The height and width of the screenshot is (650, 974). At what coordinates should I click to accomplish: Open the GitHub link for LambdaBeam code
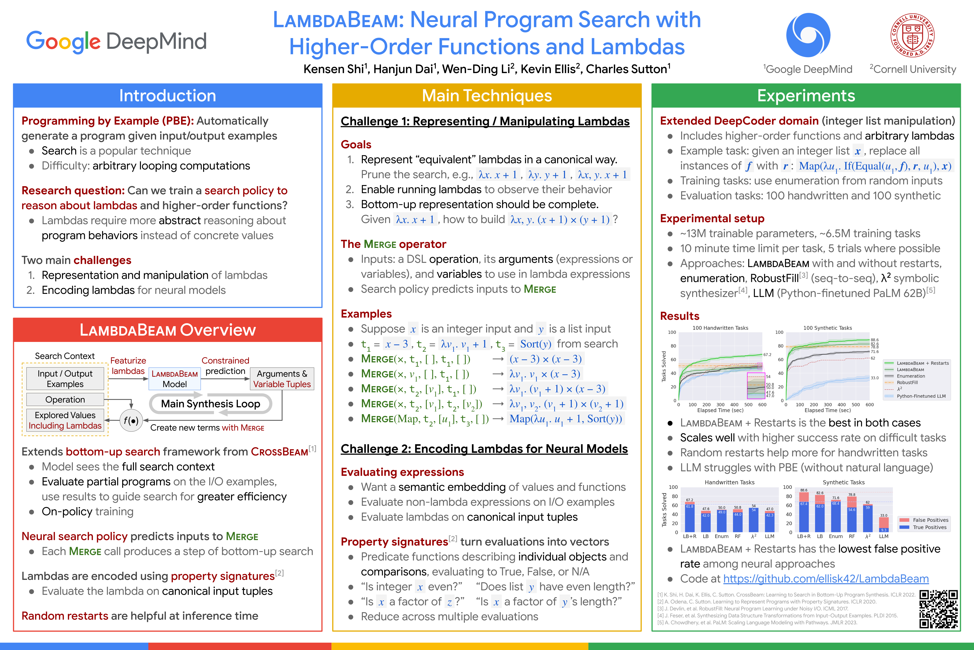click(826, 579)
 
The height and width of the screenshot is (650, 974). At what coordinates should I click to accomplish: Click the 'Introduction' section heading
click(168, 96)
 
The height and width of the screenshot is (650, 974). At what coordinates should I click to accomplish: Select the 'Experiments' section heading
click(806, 96)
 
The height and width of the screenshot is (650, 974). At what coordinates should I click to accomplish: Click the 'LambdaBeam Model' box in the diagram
click(175, 379)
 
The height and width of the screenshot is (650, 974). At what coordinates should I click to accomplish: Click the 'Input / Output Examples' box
click(65, 379)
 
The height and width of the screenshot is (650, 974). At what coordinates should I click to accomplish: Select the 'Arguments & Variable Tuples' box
click(282, 379)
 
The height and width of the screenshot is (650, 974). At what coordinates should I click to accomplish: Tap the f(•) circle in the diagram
click(131, 421)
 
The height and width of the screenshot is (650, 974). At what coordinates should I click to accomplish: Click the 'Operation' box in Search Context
click(65, 400)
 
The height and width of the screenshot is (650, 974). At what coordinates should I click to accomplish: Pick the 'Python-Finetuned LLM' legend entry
click(921, 396)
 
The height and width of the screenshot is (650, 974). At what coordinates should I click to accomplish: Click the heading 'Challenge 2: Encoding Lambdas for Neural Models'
click(484, 449)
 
